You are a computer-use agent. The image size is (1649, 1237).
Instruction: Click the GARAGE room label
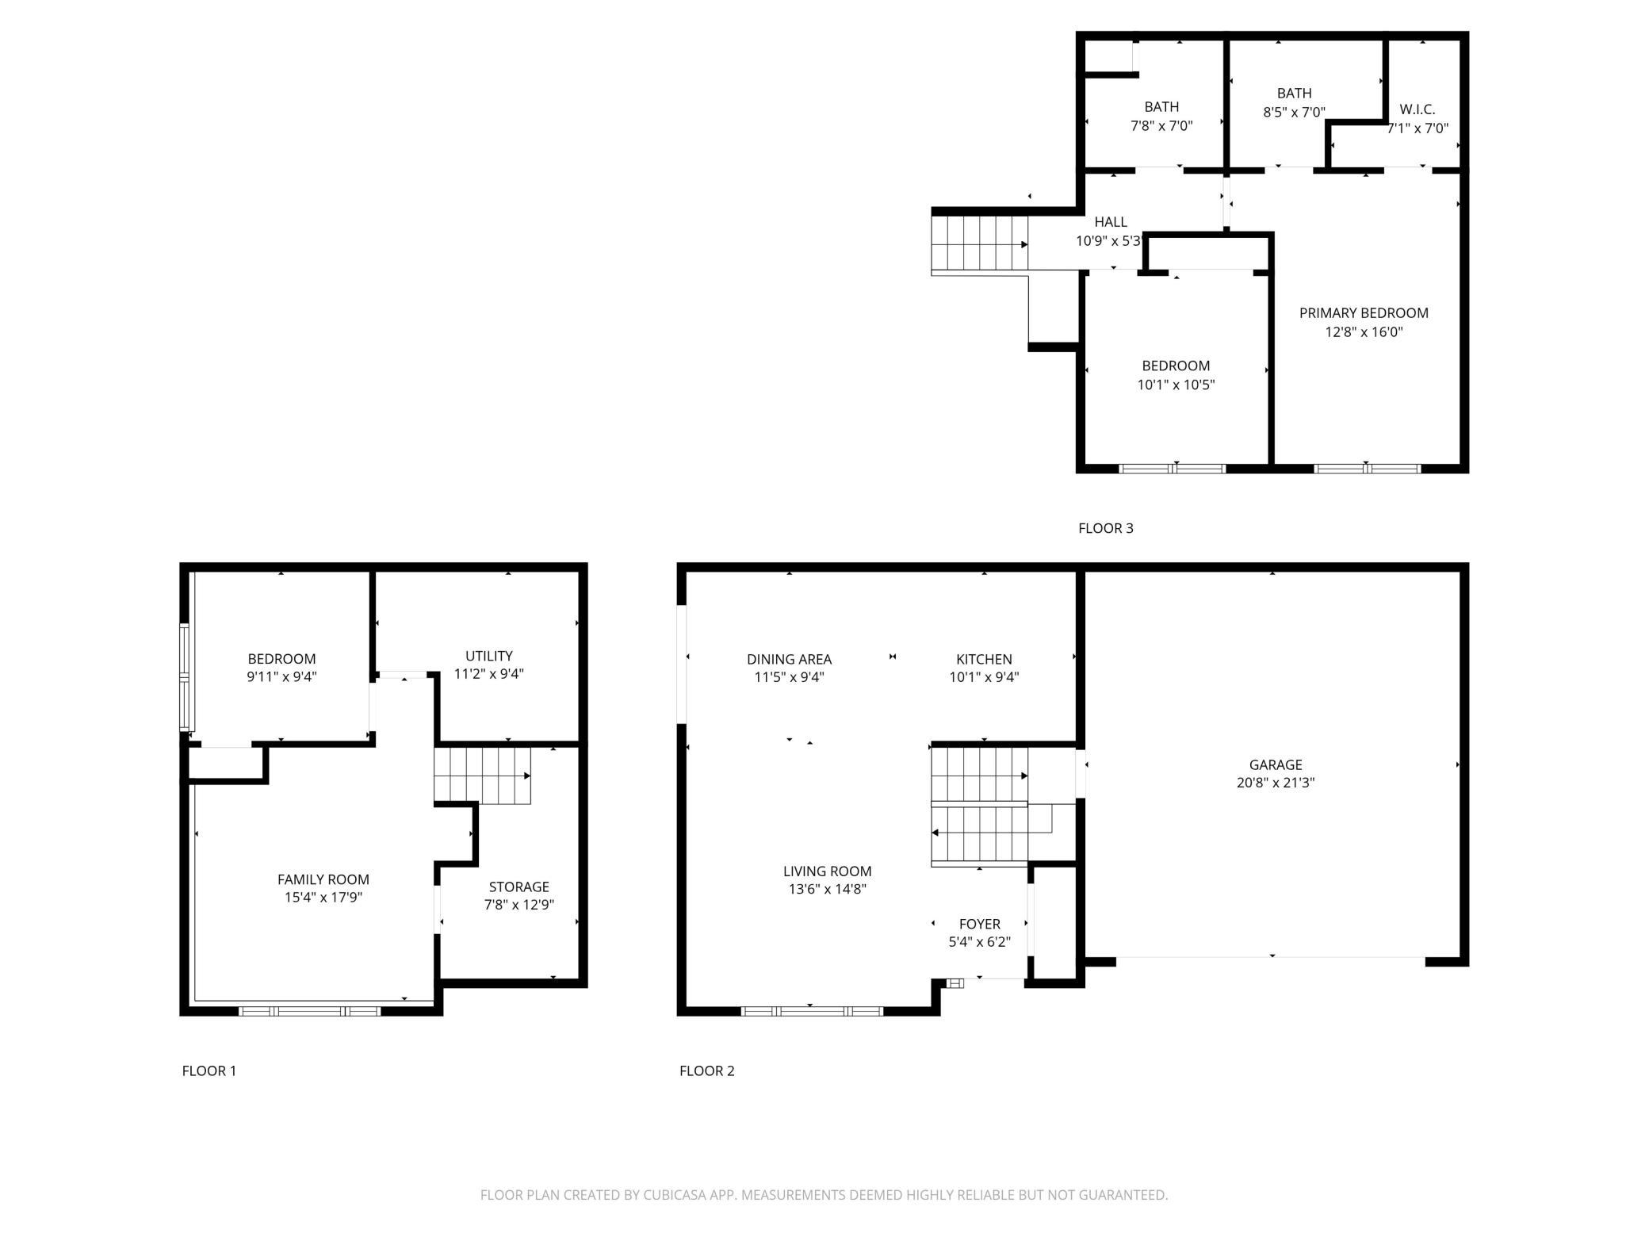pyautogui.click(x=1275, y=764)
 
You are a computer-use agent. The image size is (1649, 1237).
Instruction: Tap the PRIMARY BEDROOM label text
pyautogui.click(x=1364, y=313)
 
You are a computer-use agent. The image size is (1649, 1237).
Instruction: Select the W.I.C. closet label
pyautogui.click(x=1418, y=109)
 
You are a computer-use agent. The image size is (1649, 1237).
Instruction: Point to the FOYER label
pyautogui.click(x=980, y=924)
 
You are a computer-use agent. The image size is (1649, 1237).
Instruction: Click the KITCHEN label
pyautogui.click(x=984, y=659)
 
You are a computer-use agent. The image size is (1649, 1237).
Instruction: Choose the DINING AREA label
pyautogui.click(x=789, y=659)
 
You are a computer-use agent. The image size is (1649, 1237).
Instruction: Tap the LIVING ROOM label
pyautogui.click(x=827, y=871)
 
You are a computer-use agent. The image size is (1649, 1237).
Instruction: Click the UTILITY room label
pyautogui.click(x=488, y=656)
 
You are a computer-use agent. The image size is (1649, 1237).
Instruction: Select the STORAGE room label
pyautogui.click(x=518, y=887)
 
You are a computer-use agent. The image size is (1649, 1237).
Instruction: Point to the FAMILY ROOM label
pyautogui.click(x=323, y=879)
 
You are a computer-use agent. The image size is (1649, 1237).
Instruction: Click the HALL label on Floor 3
pyautogui.click(x=1111, y=222)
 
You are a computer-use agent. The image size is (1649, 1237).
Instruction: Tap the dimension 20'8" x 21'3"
pyautogui.click(x=1275, y=783)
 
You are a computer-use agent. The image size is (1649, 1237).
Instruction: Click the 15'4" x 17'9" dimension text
pyautogui.click(x=323, y=898)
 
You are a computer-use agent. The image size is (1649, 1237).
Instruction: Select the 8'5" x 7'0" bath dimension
pyautogui.click(x=1294, y=113)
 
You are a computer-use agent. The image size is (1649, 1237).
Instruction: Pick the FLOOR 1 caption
pyautogui.click(x=209, y=1070)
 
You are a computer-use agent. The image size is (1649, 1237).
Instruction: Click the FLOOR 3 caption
pyautogui.click(x=1106, y=528)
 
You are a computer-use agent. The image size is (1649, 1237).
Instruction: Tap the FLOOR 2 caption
pyautogui.click(x=707, y=1070)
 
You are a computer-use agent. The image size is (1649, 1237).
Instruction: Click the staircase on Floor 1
pyautogui.click(x=482, y=776)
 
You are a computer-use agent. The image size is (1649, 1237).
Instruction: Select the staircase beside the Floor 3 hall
pyautogui.click(x=980, y=243)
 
